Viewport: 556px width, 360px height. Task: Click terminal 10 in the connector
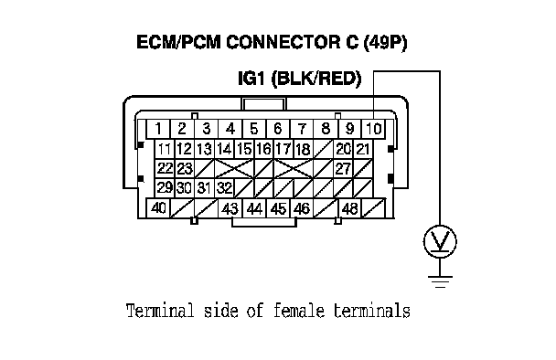tap(373, 129)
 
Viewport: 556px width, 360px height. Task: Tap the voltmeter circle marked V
tap(440, 241)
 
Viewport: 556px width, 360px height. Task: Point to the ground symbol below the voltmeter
tap(440, 281)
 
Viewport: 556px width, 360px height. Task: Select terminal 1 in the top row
tap(158, 129)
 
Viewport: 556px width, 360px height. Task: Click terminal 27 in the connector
tap(343, 169)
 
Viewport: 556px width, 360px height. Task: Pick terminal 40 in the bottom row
tap(158, 208)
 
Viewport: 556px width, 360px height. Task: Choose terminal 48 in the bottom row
tap(349, 208)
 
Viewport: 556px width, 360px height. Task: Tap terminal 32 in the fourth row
tap(224, 188)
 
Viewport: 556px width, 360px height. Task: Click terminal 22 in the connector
tap(165, 169)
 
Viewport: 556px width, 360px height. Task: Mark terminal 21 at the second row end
tap(363, 149)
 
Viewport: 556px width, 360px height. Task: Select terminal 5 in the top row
tap(254, 129)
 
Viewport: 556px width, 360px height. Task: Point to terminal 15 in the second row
tap(244, 149)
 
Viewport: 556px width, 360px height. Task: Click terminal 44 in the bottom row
tap(254, 208)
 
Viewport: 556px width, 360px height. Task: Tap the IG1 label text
tap(251, 79)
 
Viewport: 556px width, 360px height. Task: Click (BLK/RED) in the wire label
tap(316, 79)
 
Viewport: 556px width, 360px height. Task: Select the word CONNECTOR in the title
tap(283, 42)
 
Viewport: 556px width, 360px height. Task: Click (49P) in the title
tap(385, 42)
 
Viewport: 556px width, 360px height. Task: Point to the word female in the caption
tap(298, 311)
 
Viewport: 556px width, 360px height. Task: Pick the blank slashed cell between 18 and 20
tap(323, 149)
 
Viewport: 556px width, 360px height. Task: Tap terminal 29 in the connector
tap(165, 188)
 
